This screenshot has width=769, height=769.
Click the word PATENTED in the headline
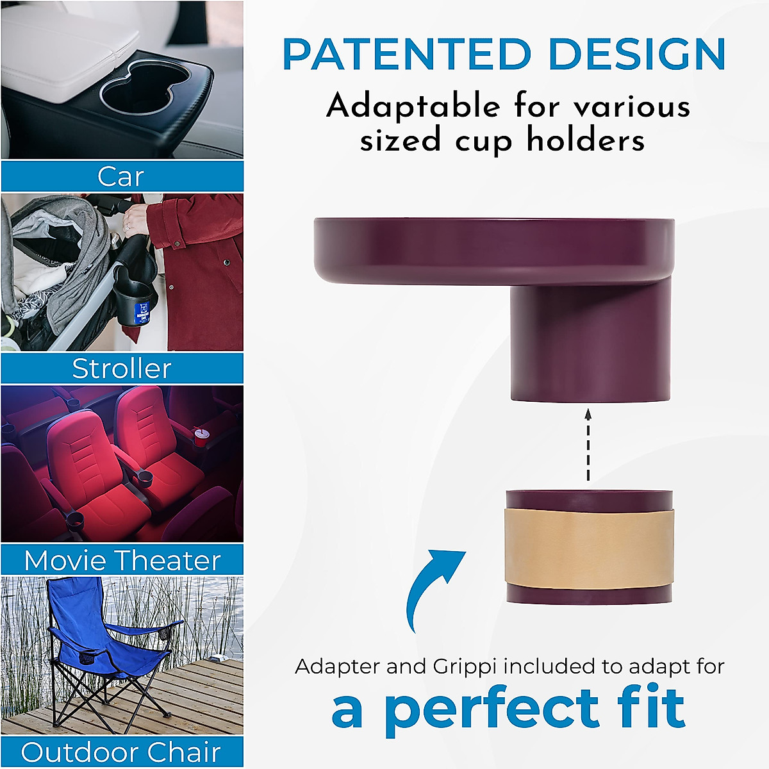click(408, 55)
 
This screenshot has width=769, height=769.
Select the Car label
click(121, 176)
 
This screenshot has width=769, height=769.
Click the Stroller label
click(122, 368)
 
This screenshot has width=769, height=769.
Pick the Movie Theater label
click(122, 561)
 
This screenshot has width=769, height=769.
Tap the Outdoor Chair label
click(121, 752)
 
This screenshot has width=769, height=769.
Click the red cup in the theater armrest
click(201, 438)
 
